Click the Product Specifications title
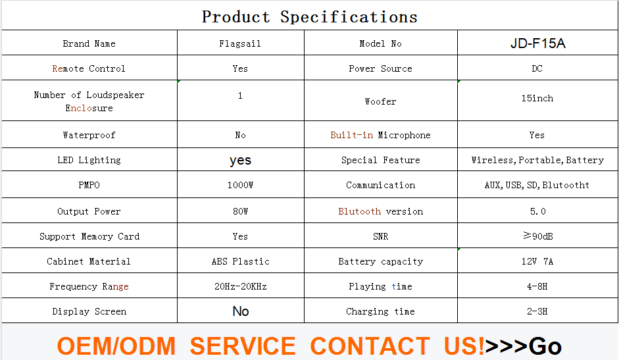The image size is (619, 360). [x=309, y=17]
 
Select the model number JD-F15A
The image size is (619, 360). [x=537, y=43]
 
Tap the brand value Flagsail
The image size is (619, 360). [x=240, y=43]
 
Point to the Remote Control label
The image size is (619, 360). [x=89, y=68]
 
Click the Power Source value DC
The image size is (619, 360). [x=537, y=68]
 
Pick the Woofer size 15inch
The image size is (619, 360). [x=537, y=98]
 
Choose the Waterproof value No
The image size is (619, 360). [x=240, y=135]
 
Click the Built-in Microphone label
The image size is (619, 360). [x=380, y=135]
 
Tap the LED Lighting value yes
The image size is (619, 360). [x=240, y=161]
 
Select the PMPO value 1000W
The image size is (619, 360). [x=240, y=185]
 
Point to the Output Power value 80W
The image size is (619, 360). [x=240, y=211]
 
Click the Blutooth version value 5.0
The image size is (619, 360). [x=537, y=211]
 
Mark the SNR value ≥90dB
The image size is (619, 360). [x=537, y=236]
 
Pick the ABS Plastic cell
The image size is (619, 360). [x=240, y=261]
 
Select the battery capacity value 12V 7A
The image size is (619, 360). [x=537, y=261]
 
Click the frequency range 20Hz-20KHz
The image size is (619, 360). [x=240, y=286]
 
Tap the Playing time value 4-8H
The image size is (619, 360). [x=537, y=286]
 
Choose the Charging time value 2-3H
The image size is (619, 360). [x=537, y=311]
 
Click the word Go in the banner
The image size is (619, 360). [x=545, y=346]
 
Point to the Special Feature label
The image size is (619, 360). [x=381, y=160]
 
